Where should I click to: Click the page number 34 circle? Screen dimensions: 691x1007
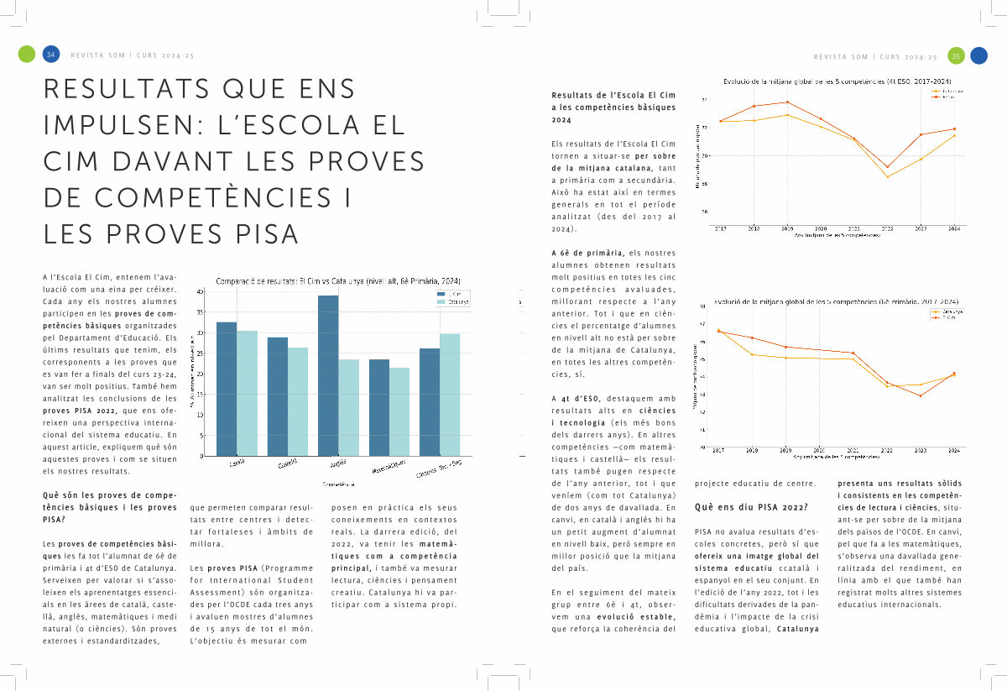tap(51, 55)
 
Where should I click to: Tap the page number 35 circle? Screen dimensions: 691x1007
tap(955, 55)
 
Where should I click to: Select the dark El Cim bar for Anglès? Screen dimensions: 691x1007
tap(328, 375)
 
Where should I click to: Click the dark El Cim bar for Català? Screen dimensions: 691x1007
tap(227, 389)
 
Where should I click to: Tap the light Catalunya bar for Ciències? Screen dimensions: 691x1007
tap(450, 395)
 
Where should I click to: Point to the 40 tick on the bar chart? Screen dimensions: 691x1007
tap(200, 291)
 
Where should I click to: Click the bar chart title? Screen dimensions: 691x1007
tap(337, 280)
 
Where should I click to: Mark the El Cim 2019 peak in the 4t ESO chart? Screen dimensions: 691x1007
tap(787, 102)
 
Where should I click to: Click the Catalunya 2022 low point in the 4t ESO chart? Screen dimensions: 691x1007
tap(888, 176)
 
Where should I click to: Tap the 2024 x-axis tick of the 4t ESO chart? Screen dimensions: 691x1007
tap(954, 228)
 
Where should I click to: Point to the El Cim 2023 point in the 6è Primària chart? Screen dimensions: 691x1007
tap(921, 395)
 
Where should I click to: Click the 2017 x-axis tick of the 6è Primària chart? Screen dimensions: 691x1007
tap(719, 452)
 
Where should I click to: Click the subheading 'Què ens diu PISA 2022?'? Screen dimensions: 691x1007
tap(751, 507)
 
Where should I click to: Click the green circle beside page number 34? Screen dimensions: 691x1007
tap(27, 55)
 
